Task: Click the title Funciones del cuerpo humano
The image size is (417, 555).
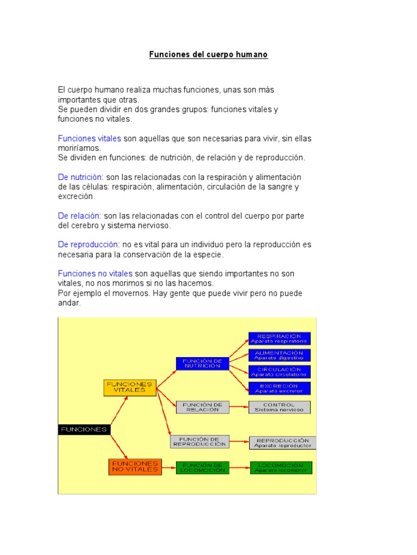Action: pos(208,55)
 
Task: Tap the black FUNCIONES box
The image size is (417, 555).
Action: pos(84,429)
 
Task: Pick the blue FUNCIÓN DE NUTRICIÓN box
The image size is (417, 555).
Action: pos(201,363)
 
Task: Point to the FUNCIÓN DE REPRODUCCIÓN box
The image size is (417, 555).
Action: pos(199,442)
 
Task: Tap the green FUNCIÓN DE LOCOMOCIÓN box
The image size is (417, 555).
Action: pos(203,468)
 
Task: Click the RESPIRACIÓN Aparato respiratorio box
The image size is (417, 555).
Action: pos(279,339)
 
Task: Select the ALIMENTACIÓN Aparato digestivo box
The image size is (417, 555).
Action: pos(279,355)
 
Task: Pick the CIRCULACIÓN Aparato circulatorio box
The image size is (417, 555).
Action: pos(279,372)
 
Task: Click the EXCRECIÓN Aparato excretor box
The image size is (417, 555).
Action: pos(279,388)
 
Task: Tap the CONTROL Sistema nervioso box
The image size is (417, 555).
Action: pos(279,407)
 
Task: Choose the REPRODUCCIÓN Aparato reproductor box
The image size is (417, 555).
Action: pos(282,443)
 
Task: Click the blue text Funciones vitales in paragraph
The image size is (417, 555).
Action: pos(90,139)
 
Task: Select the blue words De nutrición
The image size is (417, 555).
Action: pos(80,177)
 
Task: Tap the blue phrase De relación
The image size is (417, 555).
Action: pos(79,216)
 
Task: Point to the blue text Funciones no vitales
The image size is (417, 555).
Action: pos(95,274)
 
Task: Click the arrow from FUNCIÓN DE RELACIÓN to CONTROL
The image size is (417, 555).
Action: pos(239,407)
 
